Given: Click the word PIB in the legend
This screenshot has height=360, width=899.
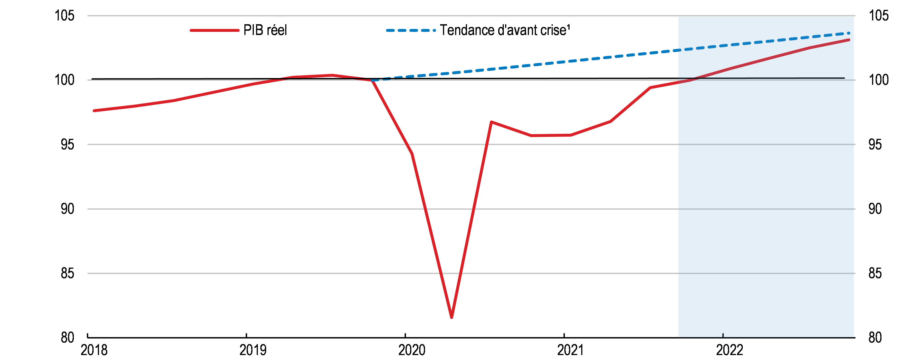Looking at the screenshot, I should (x=253, y=30).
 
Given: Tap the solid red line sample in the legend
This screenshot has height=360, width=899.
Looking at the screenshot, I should (x=214, y=30).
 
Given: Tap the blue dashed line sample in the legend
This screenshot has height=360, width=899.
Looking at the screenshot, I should (x=411, y=30).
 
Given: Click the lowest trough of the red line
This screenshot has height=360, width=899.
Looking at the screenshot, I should (x=452, y=317).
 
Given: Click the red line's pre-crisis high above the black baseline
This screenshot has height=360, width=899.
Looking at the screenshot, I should (x=333, y=75).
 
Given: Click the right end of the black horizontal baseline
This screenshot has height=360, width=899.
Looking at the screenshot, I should (x=844, y=78).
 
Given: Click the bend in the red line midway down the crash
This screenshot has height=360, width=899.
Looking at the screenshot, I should (x=412, y=153).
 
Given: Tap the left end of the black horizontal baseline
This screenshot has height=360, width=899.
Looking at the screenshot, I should (x=92, y=79).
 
